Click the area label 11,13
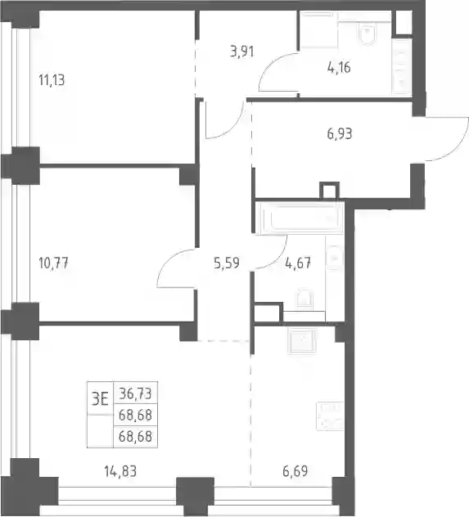(x=52, y=80)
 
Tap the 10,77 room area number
(x=53, y=263)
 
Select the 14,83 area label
(x=120, y=471)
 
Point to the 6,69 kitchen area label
(x=295, y=471)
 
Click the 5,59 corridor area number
(x=227, y=263)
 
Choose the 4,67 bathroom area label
(x=298, y=263)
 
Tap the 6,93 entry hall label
(x=340, y=134)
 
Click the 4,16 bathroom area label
(x=339, y=67)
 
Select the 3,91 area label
(x=242, y=52)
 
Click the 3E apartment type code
(x=100, y=400)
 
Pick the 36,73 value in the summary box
(x=135, y=393)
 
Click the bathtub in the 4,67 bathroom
(x=300, y=218)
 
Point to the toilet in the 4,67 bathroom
(x=304, y=299)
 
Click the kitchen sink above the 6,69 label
(x=302, y=341)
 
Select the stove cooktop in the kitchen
(x=330, y=416)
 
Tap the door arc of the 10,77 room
(x=172, y=263)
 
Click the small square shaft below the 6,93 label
(x=329, y=191)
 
